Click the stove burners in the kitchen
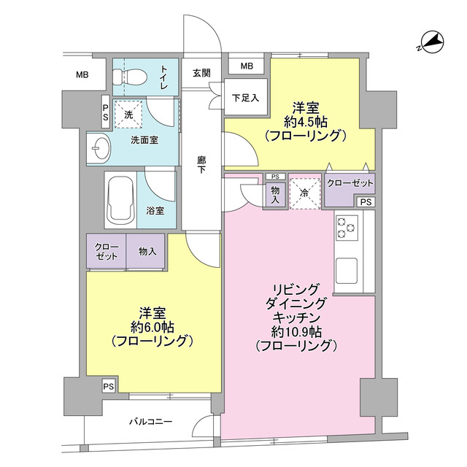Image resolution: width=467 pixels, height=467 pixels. point(345,229)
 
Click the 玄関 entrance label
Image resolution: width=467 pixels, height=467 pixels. point(202,72)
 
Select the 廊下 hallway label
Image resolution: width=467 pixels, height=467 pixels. point(201,166)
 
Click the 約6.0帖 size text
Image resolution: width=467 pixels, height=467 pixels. point(152,325)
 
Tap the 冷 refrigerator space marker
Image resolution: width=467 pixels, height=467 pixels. point(305,193)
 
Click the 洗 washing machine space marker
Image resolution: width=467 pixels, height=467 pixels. point(128,114)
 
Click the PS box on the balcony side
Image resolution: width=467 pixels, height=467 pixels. point(108,386)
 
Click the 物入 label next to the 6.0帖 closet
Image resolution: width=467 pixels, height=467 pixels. point(147,252)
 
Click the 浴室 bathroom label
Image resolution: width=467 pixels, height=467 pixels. point(155,210)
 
